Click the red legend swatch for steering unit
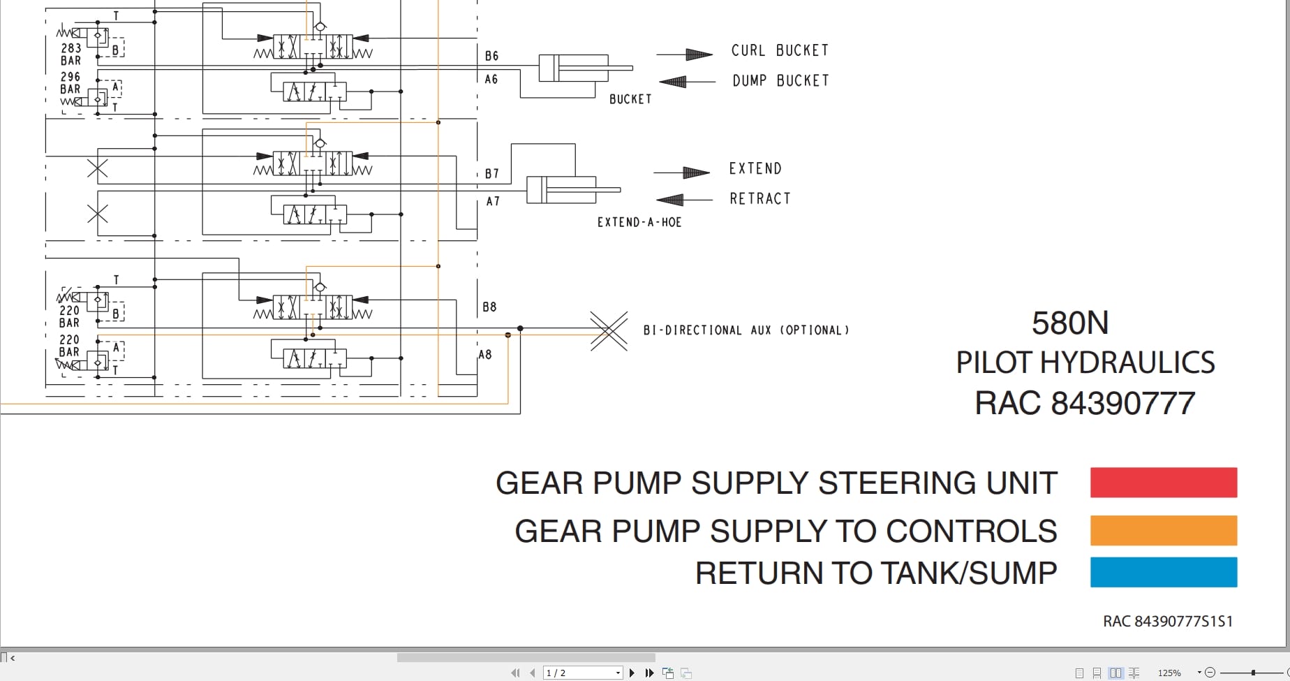tap(1163, 483)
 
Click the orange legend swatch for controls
tap(1163, 530)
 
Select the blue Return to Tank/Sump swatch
tap(1163, 572)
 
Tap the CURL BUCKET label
tap(780, 50)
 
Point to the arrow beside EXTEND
tap(682, 173)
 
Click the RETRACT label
tap(759, 199)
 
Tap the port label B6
tap(491, 56)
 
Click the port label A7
tap(493, 201)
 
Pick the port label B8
tap(489, 307)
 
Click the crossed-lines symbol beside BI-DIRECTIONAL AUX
tap(609, 330)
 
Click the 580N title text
tap(1070, 323)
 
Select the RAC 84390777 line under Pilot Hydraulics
tap(1085, 403)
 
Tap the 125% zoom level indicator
tap(1169, 673)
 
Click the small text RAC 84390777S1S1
tap(1167, 621)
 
